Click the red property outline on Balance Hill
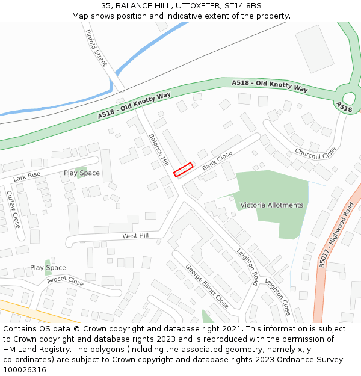click(184, 170)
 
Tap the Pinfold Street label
click(96, 48)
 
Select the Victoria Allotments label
click(272, 205)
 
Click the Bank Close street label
click(217, 161)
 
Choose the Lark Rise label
click(27, 177)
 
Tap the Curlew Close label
click(13, 209)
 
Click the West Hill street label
click(135, 236)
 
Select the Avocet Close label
click(65, 281)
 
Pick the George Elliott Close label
click(206, 286)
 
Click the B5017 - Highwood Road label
click(338, 235)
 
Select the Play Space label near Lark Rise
click(82, 173)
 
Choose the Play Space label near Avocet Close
click(48, 268)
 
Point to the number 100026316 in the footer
click(25, 370)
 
